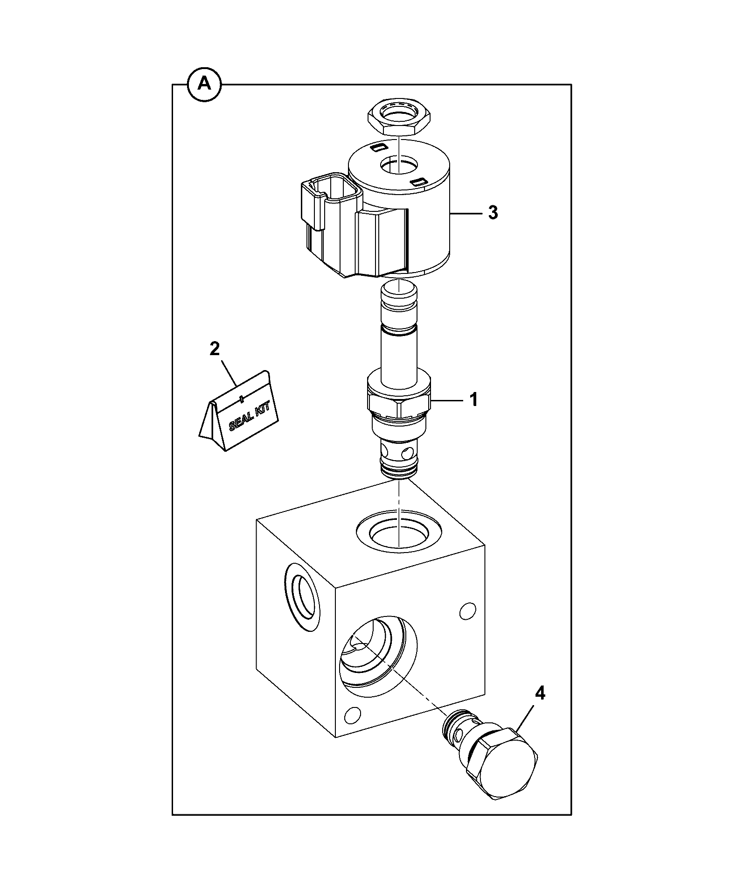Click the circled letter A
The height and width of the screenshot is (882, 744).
pos(204,84)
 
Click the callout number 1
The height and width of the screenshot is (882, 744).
pos(473,400)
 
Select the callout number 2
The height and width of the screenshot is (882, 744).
pos(215,349)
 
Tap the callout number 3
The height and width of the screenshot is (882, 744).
pos(493,213)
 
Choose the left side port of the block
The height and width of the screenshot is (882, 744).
pos(302,597)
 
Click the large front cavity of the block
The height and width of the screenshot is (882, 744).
pos(378,659)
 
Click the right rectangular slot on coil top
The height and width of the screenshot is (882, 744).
pos(420,181)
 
